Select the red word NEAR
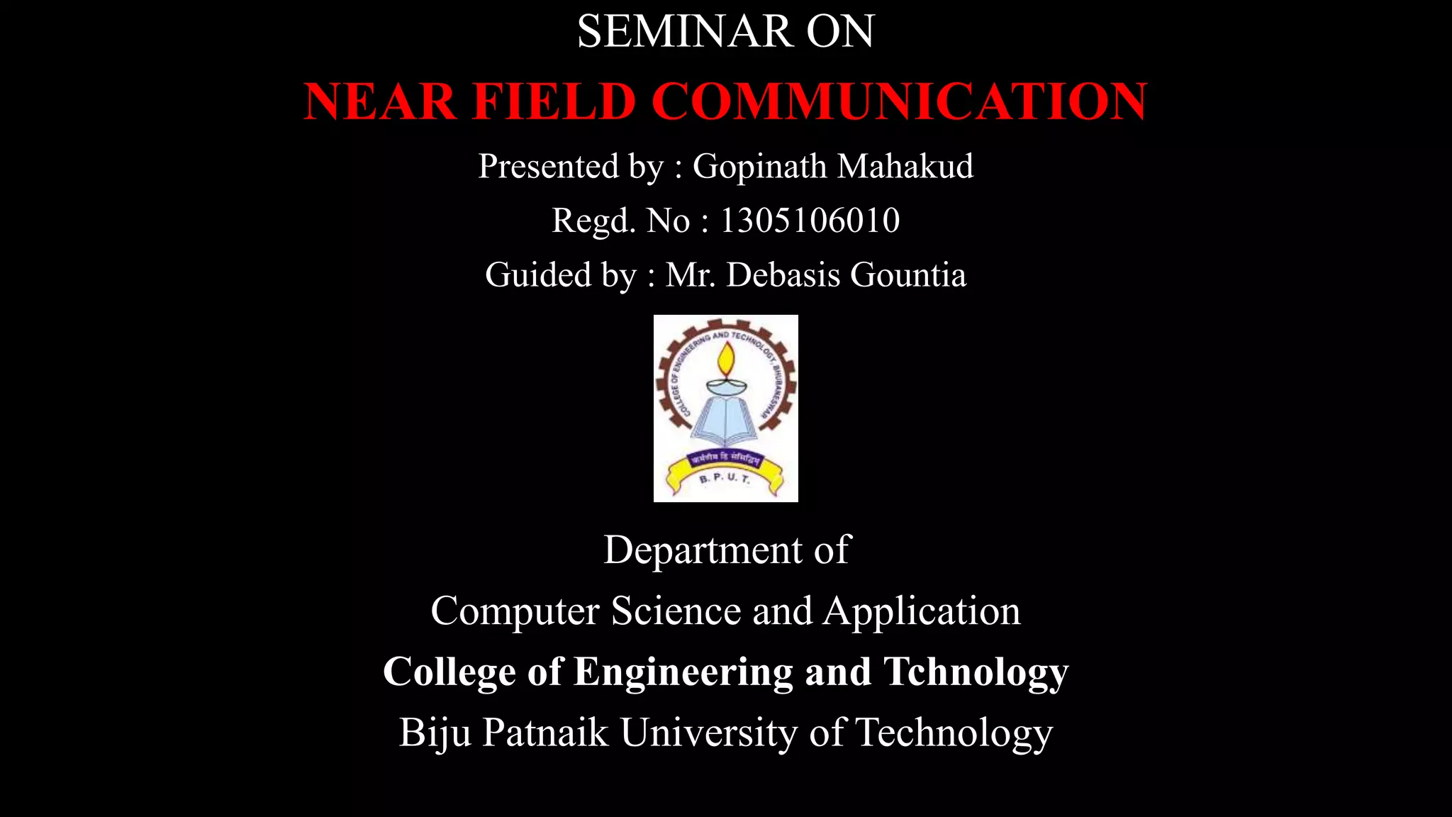pyautogui.click(x=380, y=101)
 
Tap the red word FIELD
pyautogui.click(x=554, y=101)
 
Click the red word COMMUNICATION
pyautogui.click(x=899, y=101)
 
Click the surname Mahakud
pyautogui.click(x=905, y=167)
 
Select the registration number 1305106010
pyautogui.click(x=810, y=221)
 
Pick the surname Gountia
pyautogui.click(x=907, y=275)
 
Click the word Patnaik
pyautogui.click(x=545, y=733)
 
